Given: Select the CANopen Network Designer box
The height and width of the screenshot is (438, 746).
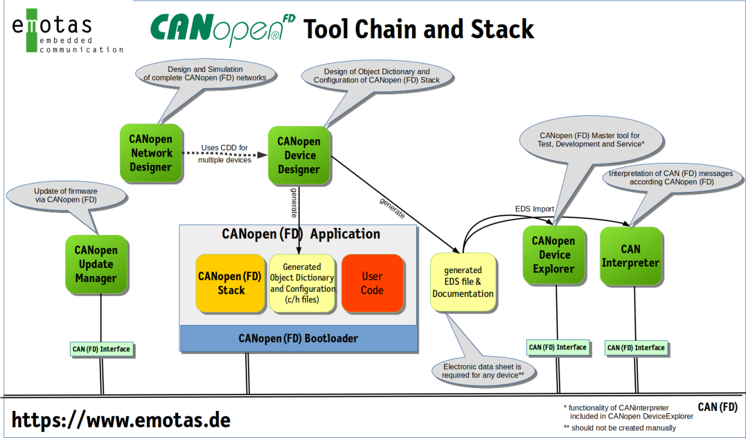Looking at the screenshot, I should (151, 152).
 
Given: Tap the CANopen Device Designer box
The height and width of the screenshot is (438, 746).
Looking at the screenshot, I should (299, 155).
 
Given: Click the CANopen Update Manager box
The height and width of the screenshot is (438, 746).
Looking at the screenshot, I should (96, 264).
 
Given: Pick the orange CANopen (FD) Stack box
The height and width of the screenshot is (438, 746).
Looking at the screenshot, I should (230, 283).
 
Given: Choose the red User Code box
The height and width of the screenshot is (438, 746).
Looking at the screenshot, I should (372, 283).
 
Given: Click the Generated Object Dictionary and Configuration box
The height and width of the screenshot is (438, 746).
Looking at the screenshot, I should (302, 283).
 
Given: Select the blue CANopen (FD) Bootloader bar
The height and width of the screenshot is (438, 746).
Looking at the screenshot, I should (298, 339).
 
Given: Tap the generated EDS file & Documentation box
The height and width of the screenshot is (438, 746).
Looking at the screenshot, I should (463, 282).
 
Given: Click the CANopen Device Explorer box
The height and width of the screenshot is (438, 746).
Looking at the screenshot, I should (554, 254).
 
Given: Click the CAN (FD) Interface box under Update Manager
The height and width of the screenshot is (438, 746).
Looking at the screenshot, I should (101, 349).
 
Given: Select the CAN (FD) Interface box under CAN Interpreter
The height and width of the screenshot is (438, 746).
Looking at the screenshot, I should (636, 348).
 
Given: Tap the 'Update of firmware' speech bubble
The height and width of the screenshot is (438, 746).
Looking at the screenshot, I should (66, 196).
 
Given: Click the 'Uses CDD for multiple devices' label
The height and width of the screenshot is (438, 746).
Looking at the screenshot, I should (225, 154).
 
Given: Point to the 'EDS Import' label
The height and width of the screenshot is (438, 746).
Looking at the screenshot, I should (534, 208).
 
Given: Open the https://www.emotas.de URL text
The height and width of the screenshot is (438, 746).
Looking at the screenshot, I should (121, 420).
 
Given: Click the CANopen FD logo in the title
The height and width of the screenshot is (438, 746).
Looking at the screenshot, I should (222, 28).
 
